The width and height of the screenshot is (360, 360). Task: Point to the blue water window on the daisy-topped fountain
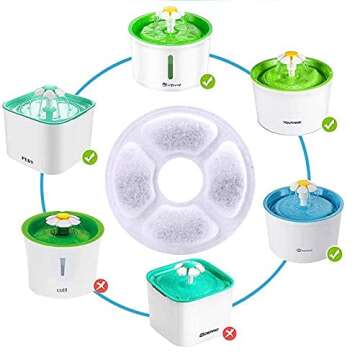[61, 267]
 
